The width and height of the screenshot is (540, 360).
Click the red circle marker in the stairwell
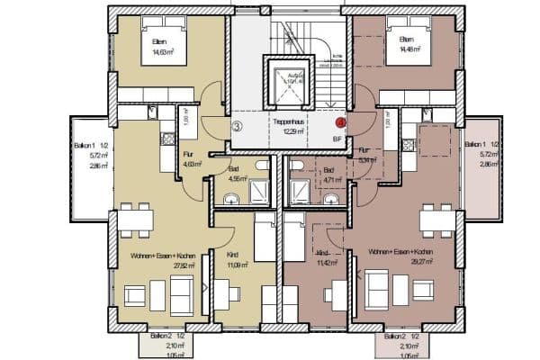click(x=341, y=122)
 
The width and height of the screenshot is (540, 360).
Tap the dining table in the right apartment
click(x=436, y=217)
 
